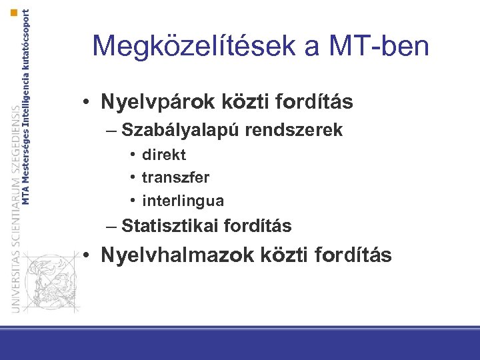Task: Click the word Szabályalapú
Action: [x=181, y=130]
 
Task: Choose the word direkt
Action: [x=164, y=155]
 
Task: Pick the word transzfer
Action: [x=176, y=178]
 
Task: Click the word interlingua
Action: [x=183, y=201]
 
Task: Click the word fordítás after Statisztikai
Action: [x=257, y=227]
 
